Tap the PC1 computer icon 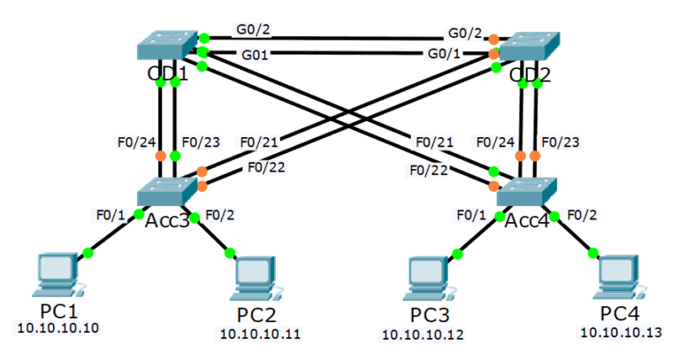pyautogui.click(x=57, y=275)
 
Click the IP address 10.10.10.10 pyautogui.click(x=57, y=329)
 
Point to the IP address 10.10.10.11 pyautogui.click(x=259, y=334)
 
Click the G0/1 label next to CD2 pyautogui.click(x=445, y=54)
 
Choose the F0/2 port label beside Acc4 pyautogui.click(x=583, y=213)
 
